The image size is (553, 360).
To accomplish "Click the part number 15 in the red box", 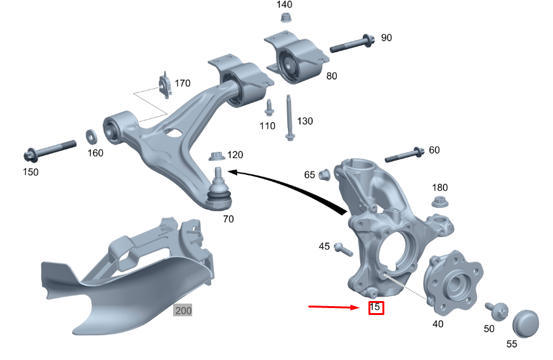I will pyautogui.click(x=375, y=308).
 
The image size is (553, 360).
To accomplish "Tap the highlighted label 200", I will pyautogui.click(x=183, y=311).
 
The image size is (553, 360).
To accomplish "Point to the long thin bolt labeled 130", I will pyautogui.click(x=289, y=119).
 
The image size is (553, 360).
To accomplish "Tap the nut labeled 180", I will pyautogui.click(x=439, y=202).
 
